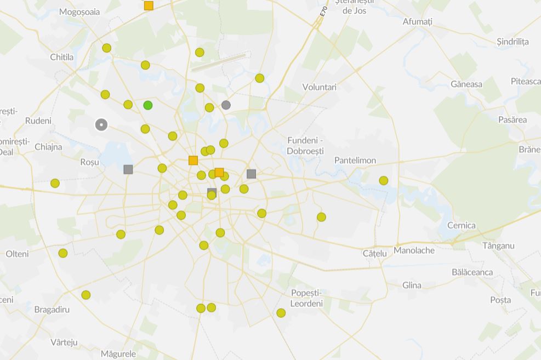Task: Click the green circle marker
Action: tap(148, 105)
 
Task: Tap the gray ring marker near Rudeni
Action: tap(101, 125)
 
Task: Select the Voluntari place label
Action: tap(320, 87)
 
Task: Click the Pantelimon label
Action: tap(355, 160)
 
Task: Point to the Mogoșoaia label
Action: tap(79, 12)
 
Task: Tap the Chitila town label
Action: tap(61, 57)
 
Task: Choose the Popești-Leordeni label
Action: tap(306, 298)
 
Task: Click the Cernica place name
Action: tap(462, 225)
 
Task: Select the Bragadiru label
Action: tap(52, 310)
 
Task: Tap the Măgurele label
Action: tap(118, 353)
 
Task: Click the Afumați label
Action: tap(418, 22)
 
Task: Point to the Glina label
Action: tap(412, 285)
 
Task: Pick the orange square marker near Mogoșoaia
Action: tap(149, 5)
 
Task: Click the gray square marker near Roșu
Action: tap(128, 169)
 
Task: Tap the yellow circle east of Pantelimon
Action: tap(384, 180)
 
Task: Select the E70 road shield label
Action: tap(324, 11)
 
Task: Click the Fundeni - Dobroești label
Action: tap(305, 145)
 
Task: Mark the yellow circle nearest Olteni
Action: tap(63, 253)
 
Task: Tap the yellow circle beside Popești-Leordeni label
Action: tap(281, 313)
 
